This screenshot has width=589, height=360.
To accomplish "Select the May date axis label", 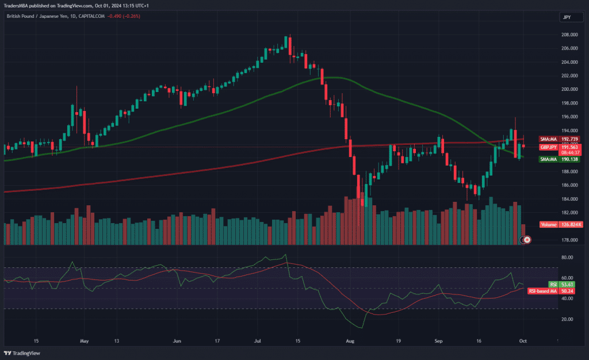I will pos(85,340).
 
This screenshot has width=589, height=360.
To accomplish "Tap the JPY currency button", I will pos(567,18).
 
